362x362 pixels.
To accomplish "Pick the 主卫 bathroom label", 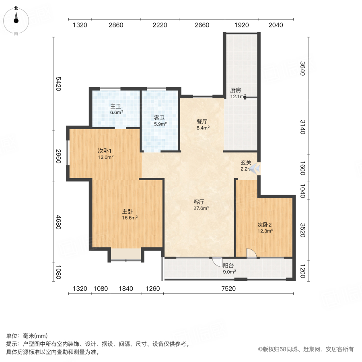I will (116, 106).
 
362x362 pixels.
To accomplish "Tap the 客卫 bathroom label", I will (160, 118).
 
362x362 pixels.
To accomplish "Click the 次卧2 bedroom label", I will (265, 225).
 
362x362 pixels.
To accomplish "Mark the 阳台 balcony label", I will (229, 265).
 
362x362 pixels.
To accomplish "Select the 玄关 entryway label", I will (246, 163).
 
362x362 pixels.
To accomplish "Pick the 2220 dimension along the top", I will (160, 25).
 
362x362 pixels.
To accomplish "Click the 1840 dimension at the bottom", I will (125, 288).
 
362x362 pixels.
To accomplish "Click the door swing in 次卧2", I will (250, 253).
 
